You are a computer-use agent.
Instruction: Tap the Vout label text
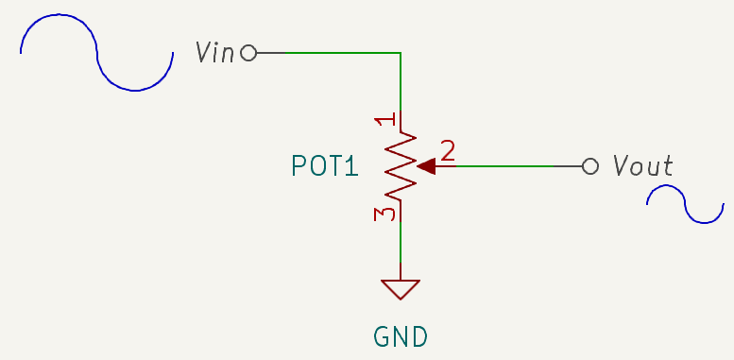(642, 166)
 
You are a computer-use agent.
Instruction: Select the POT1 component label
(325, 166)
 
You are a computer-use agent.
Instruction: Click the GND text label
(401, 335)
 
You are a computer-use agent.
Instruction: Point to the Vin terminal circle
(248, 53)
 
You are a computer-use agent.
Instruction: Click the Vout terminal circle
(590, 166)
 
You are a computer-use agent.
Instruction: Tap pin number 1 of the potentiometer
(384, 121)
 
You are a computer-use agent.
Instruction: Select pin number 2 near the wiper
(448, 150)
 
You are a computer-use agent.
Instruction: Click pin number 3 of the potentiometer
(384, 214)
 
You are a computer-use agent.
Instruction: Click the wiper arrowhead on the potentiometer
(425, 166)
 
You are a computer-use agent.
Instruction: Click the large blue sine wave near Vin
(96, 53)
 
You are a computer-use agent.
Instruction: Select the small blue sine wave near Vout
(685, 204)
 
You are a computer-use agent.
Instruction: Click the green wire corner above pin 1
(401, 53)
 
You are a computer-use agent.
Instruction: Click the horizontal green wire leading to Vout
(501, 166)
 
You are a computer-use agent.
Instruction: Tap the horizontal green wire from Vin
(331, 53)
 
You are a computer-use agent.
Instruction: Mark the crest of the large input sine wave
(59, 16)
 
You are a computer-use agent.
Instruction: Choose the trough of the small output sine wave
(704, 222)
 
